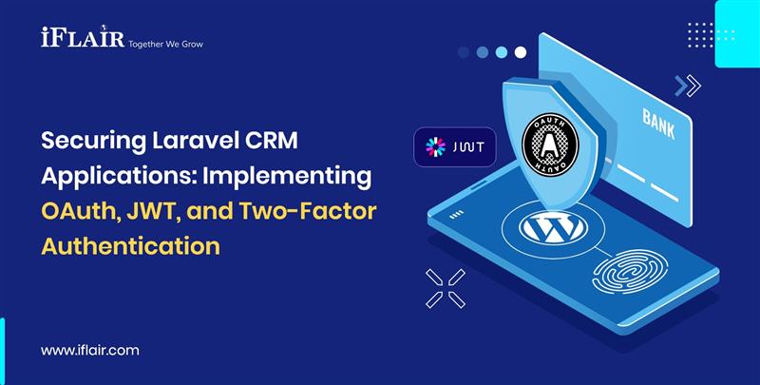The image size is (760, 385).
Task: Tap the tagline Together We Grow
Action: coord(165,44)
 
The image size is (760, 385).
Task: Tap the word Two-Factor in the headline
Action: coord(307,212)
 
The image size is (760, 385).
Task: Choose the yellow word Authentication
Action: coord(130,245)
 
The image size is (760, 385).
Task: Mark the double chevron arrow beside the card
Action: coord(687,87)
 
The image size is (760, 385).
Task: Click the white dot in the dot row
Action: coord(520,52)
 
